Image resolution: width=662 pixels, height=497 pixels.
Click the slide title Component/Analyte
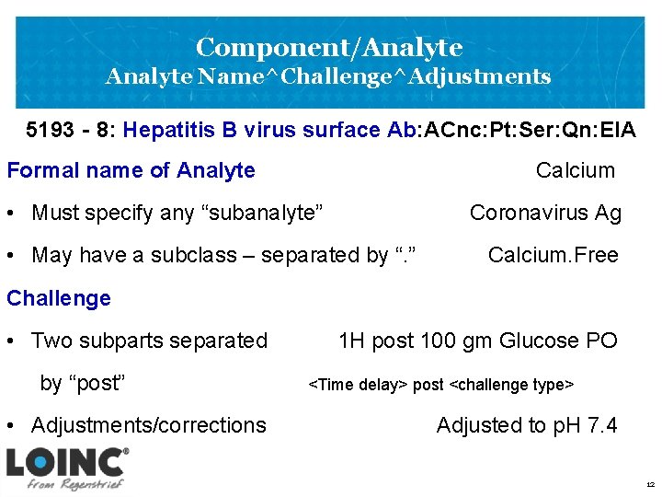click(x=329, y=46)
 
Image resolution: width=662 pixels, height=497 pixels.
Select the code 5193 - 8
click(x=69, y=130)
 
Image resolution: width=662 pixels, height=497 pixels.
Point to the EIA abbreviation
click(x=615, y=130)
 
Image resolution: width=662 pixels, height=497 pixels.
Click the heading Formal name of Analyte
click(x=131, y=170)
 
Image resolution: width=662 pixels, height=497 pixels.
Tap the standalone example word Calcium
click(x=575, y=170)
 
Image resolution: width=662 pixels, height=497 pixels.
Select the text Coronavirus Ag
click(x=545, y=213)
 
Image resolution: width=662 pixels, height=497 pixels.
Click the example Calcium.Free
click(x=553, y=255)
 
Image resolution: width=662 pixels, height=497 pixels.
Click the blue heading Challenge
click(x=58, y=298)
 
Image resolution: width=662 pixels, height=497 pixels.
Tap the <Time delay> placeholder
click(x=358, y=384)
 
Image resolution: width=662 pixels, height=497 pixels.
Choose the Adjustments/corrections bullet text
click(x=148, y=425)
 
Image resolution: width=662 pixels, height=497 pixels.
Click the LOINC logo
click(x=67, y=460)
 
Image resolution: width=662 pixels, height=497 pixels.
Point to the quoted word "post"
click(x=94, y=383)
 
